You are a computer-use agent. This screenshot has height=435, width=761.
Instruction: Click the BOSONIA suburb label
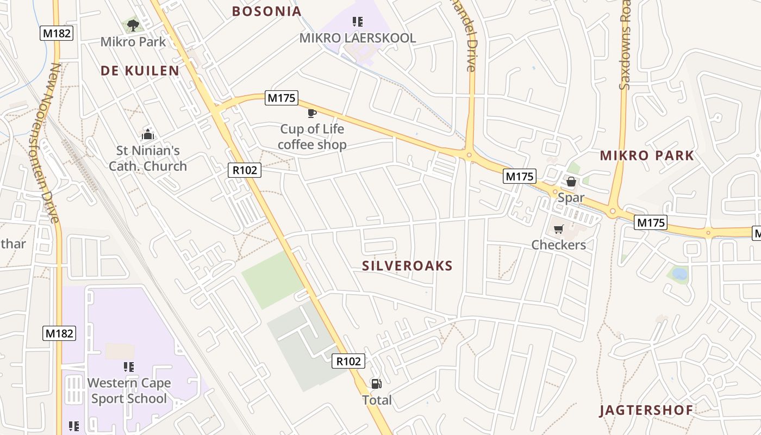point(266,11)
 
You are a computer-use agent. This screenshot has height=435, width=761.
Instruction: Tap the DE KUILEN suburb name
point(140,71)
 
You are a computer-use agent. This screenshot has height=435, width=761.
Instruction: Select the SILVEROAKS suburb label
point(407,266)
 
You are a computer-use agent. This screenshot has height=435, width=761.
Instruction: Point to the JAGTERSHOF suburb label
point(646,411)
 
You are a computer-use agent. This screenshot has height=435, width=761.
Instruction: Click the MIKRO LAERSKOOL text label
point(358,38)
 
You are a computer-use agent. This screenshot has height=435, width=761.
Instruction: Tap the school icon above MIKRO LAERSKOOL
point(357,22)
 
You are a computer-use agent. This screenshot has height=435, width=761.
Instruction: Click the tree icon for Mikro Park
point(133,25)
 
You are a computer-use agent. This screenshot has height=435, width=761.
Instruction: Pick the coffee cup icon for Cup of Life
point(311,113)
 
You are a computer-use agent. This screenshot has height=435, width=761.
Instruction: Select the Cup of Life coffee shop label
point(312,137)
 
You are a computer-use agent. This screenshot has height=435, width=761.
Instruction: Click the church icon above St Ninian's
point(147,134)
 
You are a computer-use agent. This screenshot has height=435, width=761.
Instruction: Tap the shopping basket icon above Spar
point(571,182)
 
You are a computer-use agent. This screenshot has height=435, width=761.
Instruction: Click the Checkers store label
point(559,245)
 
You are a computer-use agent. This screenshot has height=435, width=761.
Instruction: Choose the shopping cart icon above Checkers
point(558,229)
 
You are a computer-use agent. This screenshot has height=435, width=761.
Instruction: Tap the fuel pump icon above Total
point(376,384)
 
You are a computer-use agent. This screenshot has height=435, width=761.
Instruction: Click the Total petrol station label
point(377,400)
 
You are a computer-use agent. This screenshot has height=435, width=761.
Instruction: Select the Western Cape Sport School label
point(129,391)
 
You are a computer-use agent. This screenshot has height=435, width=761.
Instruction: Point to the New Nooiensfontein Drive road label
point(48,143)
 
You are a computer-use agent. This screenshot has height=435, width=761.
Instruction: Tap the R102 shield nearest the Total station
point(348,361)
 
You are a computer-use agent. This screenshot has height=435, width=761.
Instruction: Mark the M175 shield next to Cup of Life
point(282,98)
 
